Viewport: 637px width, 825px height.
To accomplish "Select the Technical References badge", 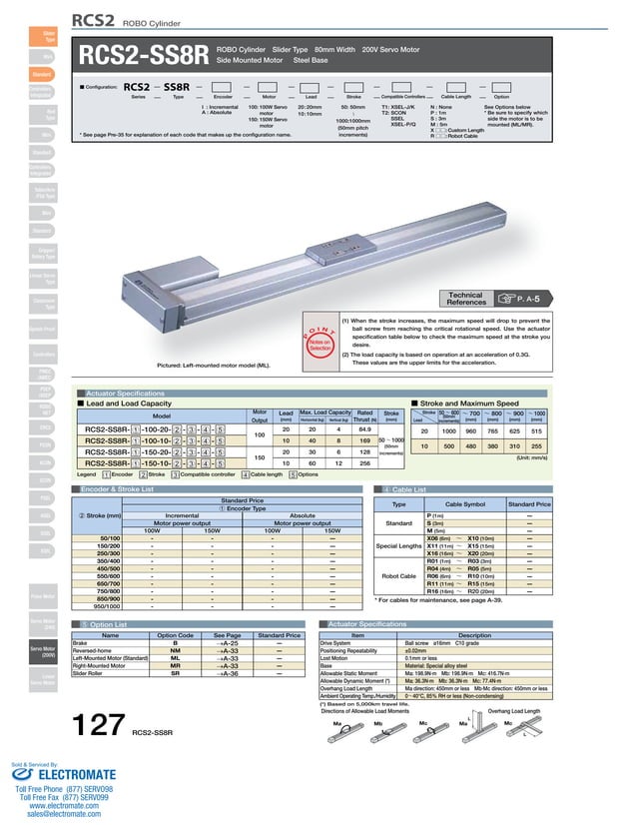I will coord(466,298).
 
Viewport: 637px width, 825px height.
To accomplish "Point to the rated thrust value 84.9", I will coord(363,430).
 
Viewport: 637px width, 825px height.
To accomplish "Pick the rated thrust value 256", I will coord(363,463).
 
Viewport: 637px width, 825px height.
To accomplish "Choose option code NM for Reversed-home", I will coord(176,649).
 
